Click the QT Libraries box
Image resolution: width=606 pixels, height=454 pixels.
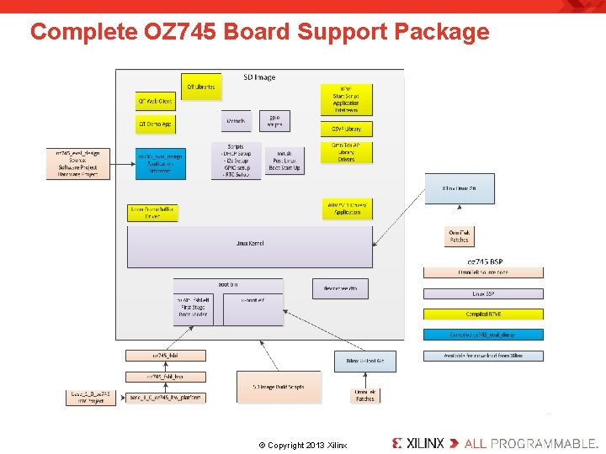pyautogui.click(x=200, y=85)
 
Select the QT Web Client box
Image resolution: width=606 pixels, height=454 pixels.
pyautogui.click(x=155, y=102)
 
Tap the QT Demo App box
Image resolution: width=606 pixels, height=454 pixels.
pyautogui.click(x=155, y=124)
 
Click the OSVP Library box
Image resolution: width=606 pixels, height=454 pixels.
pyautogui.click(x=346, y=129)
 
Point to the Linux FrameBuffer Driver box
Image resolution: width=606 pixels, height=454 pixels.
pyautogui.click(x=152, y=212)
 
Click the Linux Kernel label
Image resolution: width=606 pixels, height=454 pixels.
pyautogui.click(x=250, y=243)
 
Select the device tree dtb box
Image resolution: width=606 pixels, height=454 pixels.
pyautogui.click(x=340, y=288)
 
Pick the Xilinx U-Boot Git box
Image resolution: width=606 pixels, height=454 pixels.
pyautogui.click(x=364, y=361)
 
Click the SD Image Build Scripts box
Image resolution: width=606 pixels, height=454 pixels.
pyautogui.click(x=278, y=387)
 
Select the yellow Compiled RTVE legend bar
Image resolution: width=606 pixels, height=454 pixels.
pyautogui.click(x=483, y=314)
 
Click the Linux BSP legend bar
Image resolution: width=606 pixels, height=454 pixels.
pyautogui.click(x=483, y=294)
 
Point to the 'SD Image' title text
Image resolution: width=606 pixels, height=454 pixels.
pyautogui.click(x=259, y=77)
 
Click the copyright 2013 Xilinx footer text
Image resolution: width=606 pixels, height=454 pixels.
pyautogui.click(x=302, y=445)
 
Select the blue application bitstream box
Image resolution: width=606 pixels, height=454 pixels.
pyautogui.click(x=160, y=163)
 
